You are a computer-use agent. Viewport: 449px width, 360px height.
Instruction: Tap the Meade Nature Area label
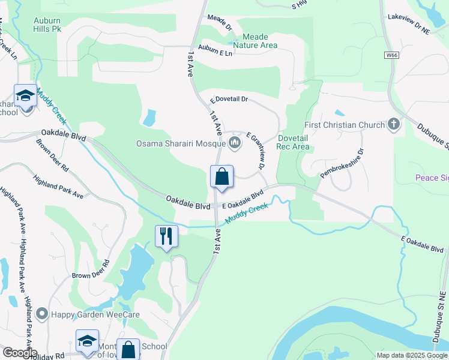255,41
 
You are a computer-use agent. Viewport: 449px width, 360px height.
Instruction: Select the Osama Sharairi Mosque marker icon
234,143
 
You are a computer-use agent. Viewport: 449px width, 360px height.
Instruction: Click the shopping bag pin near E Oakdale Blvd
221,177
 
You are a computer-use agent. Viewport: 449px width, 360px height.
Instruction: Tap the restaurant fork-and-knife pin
166,236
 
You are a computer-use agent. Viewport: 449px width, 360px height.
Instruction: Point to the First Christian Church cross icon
394,125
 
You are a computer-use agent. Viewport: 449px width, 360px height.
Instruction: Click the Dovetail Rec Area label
294,142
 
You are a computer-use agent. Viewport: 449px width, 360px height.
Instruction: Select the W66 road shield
392,55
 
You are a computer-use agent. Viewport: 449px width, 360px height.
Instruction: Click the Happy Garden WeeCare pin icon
42,313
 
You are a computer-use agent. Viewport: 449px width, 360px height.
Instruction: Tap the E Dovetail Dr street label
229,100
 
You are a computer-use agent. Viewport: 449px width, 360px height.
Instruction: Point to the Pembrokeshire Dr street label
342,164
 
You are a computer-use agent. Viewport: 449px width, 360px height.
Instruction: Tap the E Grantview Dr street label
255,151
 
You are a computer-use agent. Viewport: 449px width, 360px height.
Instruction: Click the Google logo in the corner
19,353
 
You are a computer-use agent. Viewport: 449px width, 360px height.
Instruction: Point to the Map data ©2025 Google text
412,355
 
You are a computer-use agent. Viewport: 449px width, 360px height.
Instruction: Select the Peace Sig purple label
432,178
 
